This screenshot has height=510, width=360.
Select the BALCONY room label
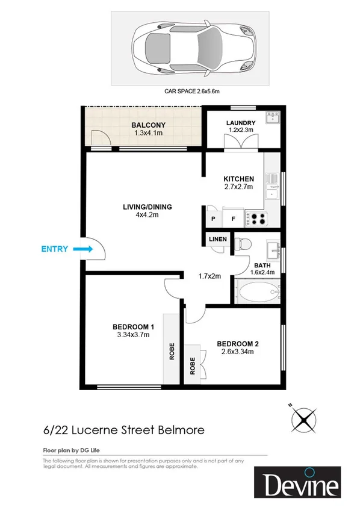147,125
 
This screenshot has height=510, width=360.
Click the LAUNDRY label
241,123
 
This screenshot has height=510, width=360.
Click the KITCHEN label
238,179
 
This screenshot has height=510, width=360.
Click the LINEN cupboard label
217,239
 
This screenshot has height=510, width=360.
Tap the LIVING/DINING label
147,207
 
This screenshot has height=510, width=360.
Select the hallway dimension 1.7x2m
210,276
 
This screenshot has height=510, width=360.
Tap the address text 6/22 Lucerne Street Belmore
123,430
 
